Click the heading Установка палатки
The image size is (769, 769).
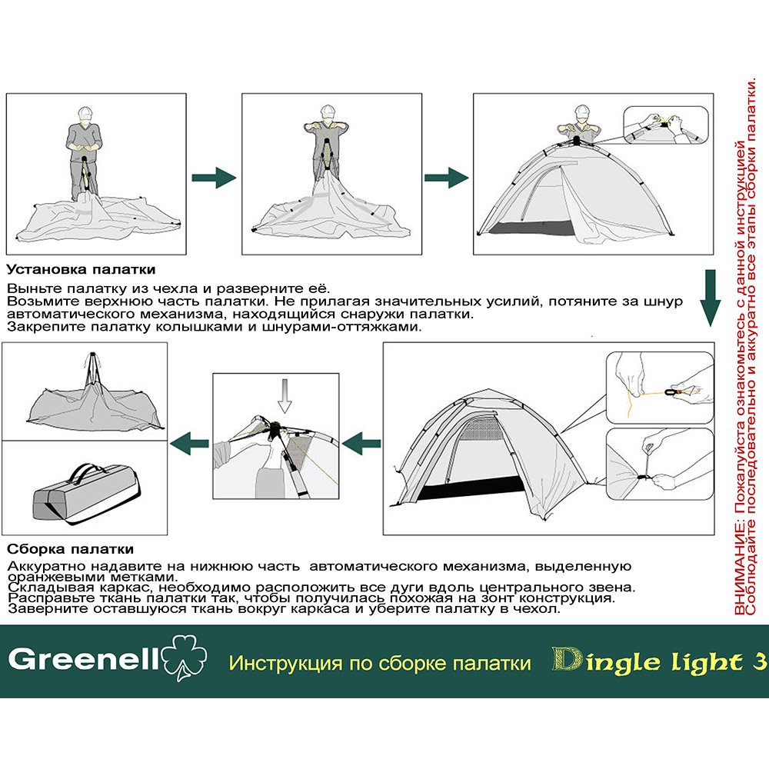[81, 269]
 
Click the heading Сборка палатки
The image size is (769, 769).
[70, 549]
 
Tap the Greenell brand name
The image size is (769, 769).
[84, 660]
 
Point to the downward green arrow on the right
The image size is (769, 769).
[710, 298]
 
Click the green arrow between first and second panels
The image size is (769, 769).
[214, 178]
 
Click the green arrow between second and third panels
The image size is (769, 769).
[446, 178]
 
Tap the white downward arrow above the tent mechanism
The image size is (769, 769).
[285, 396]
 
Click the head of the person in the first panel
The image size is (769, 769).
[85, 115]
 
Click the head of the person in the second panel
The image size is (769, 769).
[328, 113]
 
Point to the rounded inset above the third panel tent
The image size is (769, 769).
[665, 125]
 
